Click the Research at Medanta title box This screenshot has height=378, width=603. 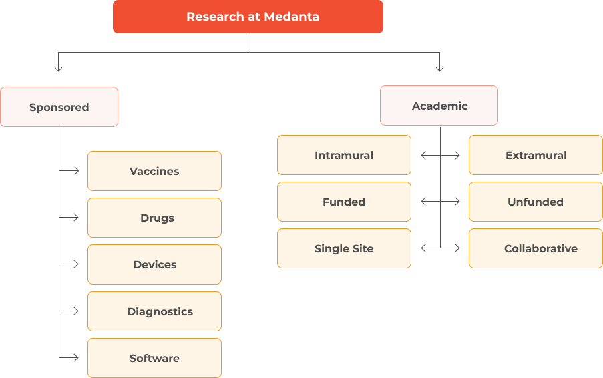248,17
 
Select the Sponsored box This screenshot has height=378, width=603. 59,107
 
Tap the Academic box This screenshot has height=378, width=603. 439,106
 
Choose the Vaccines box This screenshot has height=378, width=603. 154,171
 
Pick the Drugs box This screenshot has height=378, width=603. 154,218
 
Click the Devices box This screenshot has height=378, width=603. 154,264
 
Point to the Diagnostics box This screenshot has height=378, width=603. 154,311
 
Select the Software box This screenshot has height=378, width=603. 154,358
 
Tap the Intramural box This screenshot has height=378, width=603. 344,155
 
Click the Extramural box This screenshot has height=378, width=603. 536,155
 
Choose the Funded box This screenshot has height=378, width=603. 344,202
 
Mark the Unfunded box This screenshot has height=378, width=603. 536,202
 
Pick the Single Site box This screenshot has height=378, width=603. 344,248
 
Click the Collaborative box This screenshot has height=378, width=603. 536,248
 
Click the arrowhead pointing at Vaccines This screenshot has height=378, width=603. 77,171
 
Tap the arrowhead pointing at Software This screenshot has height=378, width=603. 77,358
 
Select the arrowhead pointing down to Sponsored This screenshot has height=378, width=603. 59,68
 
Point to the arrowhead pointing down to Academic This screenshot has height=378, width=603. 439,68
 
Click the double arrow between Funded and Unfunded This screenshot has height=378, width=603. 440,202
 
